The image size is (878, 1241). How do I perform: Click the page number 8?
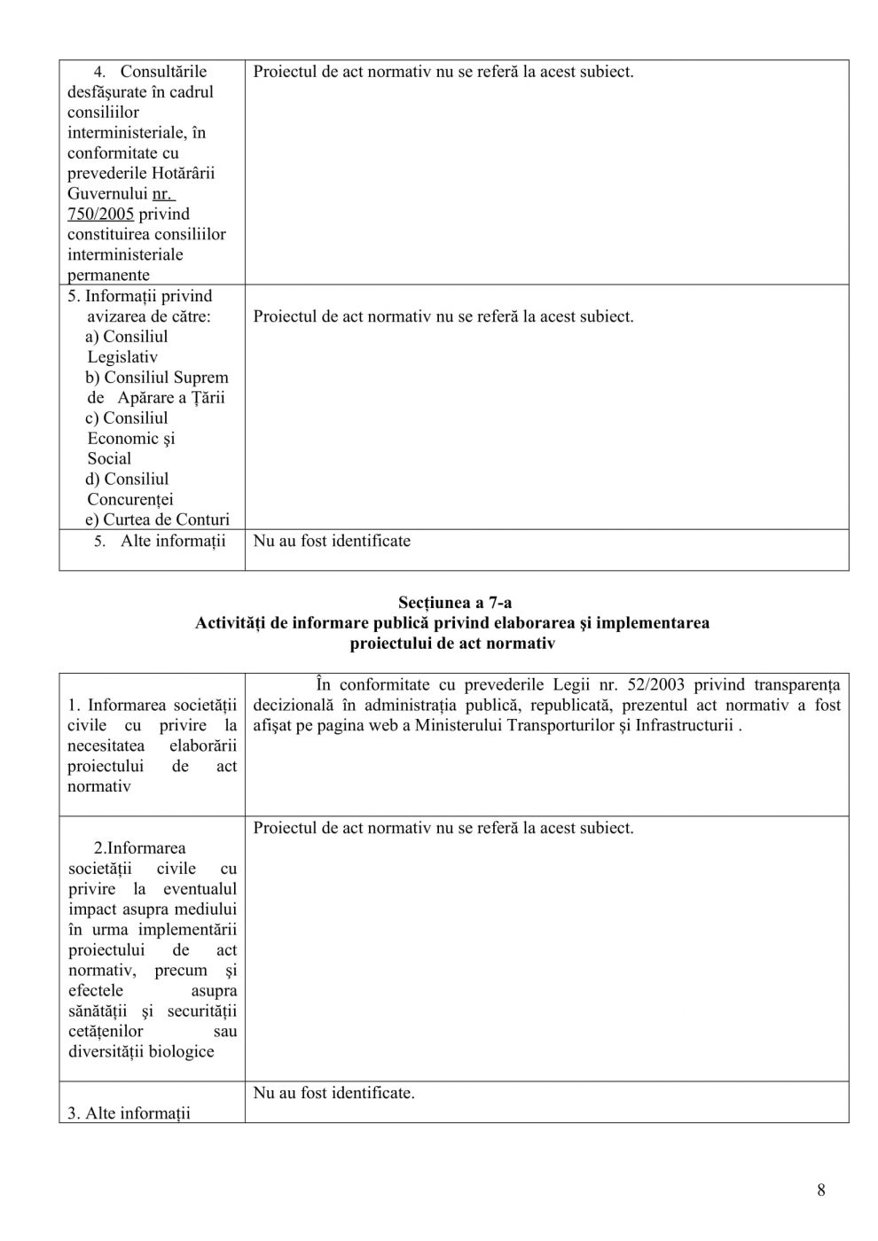click(820, 1190)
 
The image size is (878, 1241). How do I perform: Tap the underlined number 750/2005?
click(100, 214)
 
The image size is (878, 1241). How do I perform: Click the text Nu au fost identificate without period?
click(332, 541)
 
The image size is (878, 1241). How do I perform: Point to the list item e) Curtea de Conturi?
click(157, 519)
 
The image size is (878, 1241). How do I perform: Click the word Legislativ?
click(122, 357)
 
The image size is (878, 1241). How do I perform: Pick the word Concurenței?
click(130, 499)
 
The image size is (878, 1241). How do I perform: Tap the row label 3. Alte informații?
click(129, 1113)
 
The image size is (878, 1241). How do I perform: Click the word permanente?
click(108, 275)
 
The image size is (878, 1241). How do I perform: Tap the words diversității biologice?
click(141, 1051)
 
